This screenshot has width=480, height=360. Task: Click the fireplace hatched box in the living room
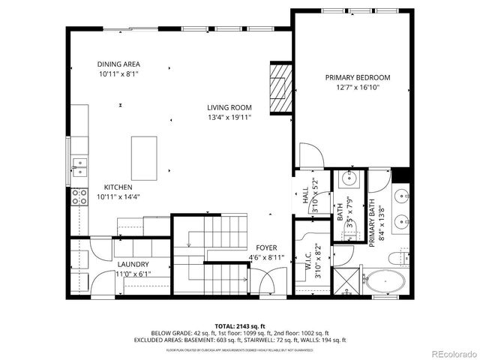point(278,88)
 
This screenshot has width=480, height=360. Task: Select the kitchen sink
point(78,164)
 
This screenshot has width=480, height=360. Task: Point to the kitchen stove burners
point(78,196)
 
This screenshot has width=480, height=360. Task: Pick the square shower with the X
point(346,283)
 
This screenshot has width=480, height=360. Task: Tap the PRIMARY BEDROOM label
point(358,77)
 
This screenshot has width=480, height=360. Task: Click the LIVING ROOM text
point(229,107)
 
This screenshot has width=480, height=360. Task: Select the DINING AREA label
point(118,64)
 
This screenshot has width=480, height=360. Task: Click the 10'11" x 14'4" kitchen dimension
point(118,196)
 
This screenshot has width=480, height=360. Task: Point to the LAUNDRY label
point(133,264)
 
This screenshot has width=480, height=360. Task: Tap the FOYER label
point(266,248)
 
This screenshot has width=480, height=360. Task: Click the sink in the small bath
point(349,178)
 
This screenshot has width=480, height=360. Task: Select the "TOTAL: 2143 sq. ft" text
point(239,325)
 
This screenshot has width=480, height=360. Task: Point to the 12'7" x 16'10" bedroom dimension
point(358,87)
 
